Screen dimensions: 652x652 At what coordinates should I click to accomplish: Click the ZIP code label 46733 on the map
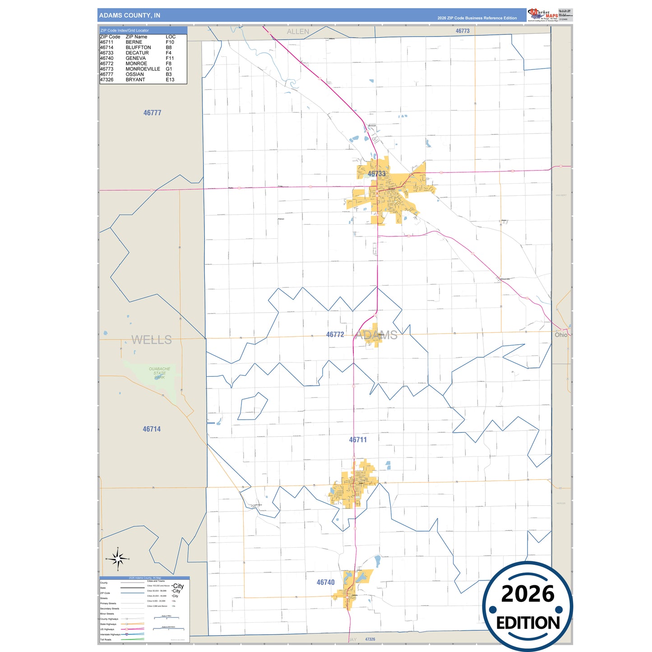tap(376, 174)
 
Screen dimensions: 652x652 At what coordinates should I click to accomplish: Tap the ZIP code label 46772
tap(335, 334)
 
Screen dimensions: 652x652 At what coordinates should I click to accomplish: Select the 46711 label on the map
tap(358, 439)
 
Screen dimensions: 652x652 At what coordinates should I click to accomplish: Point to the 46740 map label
tap(325, 582)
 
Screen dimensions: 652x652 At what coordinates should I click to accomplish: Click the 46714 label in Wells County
tap(152, 429)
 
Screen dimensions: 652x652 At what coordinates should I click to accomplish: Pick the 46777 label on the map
tap(152, 113)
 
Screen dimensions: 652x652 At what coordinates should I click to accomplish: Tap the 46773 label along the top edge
tap(462, 31)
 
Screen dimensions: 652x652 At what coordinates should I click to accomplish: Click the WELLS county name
tap(151, 340)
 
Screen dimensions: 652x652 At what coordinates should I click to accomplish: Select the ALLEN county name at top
tap(298, 32)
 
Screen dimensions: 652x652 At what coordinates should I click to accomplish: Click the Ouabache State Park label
tap(159, 373)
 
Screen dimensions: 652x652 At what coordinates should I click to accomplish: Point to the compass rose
tap(118, 559)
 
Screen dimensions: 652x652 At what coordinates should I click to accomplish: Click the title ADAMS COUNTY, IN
tap(129, 15)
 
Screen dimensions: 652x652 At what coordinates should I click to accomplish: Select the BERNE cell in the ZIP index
tap(134, 42)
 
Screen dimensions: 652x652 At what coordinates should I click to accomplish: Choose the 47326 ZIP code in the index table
tap(106, 79)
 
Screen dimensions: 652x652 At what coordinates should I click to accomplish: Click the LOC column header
tap(171, 37)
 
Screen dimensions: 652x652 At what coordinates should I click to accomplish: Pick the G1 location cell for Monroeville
tap(169, 69)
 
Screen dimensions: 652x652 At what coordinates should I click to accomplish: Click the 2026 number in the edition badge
tap(527, 594)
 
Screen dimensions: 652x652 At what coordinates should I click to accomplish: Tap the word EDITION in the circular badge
tap(528, 623)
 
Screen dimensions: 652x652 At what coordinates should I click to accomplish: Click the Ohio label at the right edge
tap(561, 335)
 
